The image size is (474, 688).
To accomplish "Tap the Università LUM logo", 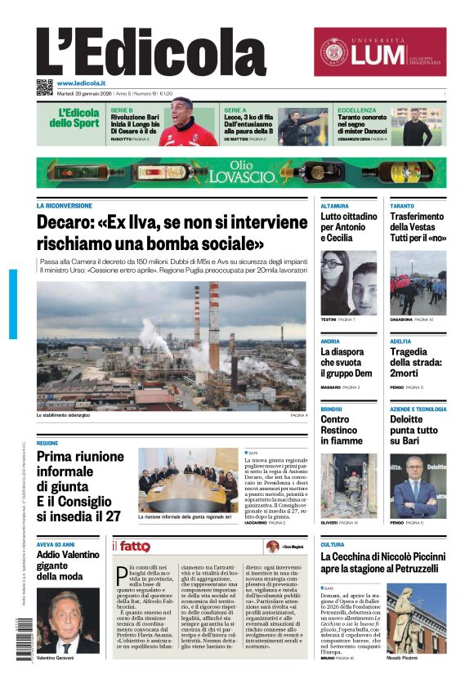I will (x=380, y=51).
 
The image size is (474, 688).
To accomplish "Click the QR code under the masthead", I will (x=44, y=87).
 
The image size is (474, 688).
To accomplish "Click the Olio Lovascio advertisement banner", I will (x=241, y=172).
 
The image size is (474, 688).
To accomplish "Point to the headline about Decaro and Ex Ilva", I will (x=172, y=233).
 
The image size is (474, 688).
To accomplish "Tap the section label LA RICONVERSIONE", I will (x=65, y=206).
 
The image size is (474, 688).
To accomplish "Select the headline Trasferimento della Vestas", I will (x=418, y=227).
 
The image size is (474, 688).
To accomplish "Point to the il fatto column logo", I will (x=131, y=546).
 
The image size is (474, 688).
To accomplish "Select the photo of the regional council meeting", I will (x=188, y=479).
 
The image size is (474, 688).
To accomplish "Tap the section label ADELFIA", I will (x=400, y=341).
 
